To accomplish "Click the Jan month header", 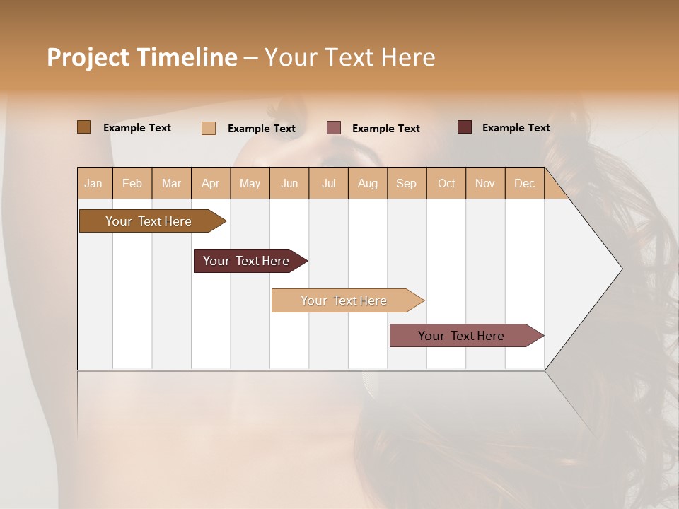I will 94,183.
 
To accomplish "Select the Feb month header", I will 132,183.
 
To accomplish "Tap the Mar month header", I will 171,183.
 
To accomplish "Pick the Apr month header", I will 211,183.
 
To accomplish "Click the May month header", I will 250,183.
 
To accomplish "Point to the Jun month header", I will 289,183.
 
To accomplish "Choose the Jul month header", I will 328,183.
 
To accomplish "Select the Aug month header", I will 368,183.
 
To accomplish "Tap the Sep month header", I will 407,183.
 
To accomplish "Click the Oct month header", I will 446,183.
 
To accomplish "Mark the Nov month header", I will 485,183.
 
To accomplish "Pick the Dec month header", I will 525,183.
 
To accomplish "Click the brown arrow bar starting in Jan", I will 149,221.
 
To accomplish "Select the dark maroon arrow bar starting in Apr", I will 247,261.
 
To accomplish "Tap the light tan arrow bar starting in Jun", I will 344,300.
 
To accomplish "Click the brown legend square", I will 84,127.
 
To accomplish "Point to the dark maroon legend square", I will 465,127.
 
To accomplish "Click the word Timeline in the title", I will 187,57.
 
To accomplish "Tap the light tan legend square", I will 209,128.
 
